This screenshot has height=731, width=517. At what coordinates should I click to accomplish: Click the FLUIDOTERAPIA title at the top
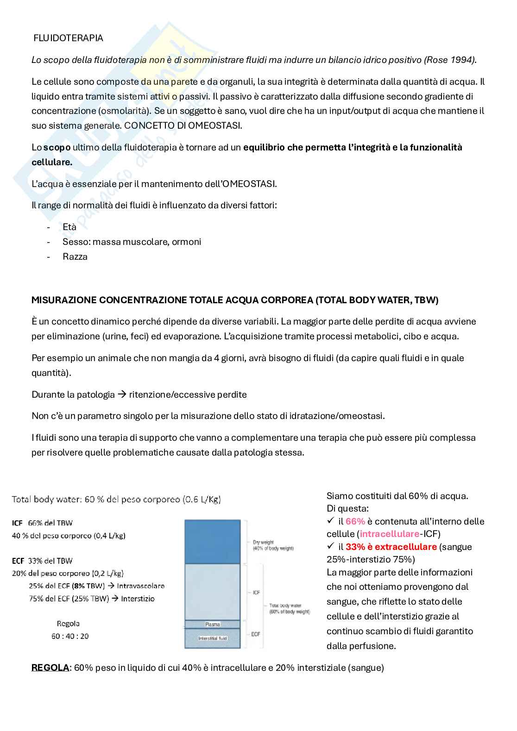68,38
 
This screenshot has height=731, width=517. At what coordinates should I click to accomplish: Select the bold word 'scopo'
57,147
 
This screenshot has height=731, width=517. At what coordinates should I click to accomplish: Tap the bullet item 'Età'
69,227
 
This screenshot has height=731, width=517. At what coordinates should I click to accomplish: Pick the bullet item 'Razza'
75,256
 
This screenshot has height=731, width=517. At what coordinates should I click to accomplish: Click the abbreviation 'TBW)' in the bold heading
426,300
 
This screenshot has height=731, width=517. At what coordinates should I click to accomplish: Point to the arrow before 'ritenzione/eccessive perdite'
122,394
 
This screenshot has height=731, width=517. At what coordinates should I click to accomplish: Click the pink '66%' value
355,521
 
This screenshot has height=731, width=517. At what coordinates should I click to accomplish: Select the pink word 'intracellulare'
390,534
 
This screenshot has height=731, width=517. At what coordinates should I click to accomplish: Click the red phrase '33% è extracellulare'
391,547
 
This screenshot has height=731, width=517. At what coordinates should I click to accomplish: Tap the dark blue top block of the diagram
212,541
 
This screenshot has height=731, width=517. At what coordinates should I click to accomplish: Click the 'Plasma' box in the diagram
212,625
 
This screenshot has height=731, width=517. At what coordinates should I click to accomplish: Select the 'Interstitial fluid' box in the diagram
212,638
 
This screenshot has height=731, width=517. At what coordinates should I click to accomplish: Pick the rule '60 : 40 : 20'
70,636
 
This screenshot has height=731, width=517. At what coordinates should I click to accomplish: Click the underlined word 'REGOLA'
50,668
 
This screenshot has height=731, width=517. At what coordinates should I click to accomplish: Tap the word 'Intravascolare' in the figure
141,586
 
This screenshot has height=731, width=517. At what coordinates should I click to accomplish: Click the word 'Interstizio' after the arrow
138,599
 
